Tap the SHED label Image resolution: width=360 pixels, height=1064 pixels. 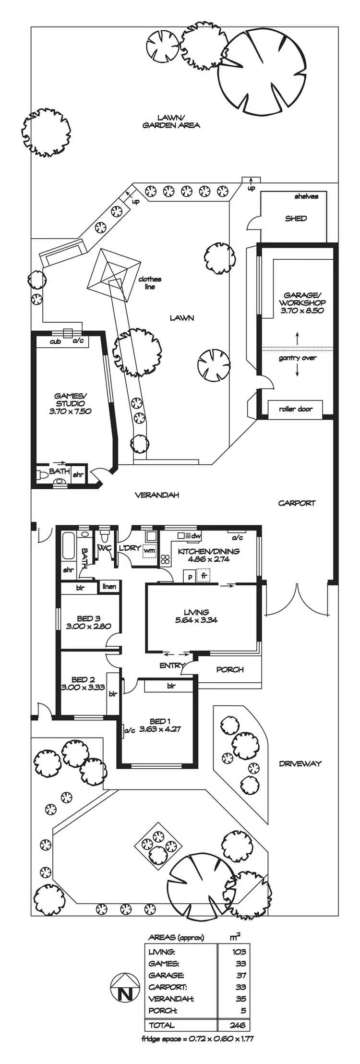(296, 218)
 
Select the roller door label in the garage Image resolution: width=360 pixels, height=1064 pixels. (295, 409)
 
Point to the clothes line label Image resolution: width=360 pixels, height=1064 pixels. (150, 283)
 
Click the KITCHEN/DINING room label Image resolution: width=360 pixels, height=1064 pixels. (209, 551)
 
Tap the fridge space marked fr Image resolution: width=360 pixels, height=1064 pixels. (204, 575)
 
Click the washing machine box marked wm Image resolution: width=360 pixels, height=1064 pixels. (150, 551)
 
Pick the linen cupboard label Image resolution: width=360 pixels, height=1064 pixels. (109, 587)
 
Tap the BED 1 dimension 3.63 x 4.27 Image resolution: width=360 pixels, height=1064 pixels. (160, 729)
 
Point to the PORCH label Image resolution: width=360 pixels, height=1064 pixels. (230, 669)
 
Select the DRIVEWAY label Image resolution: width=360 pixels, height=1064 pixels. (300, 763)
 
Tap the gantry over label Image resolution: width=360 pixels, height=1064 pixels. (298, 358)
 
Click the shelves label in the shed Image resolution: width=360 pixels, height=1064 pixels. (306, 196)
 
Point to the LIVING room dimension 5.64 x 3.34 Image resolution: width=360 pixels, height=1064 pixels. (196, 620)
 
